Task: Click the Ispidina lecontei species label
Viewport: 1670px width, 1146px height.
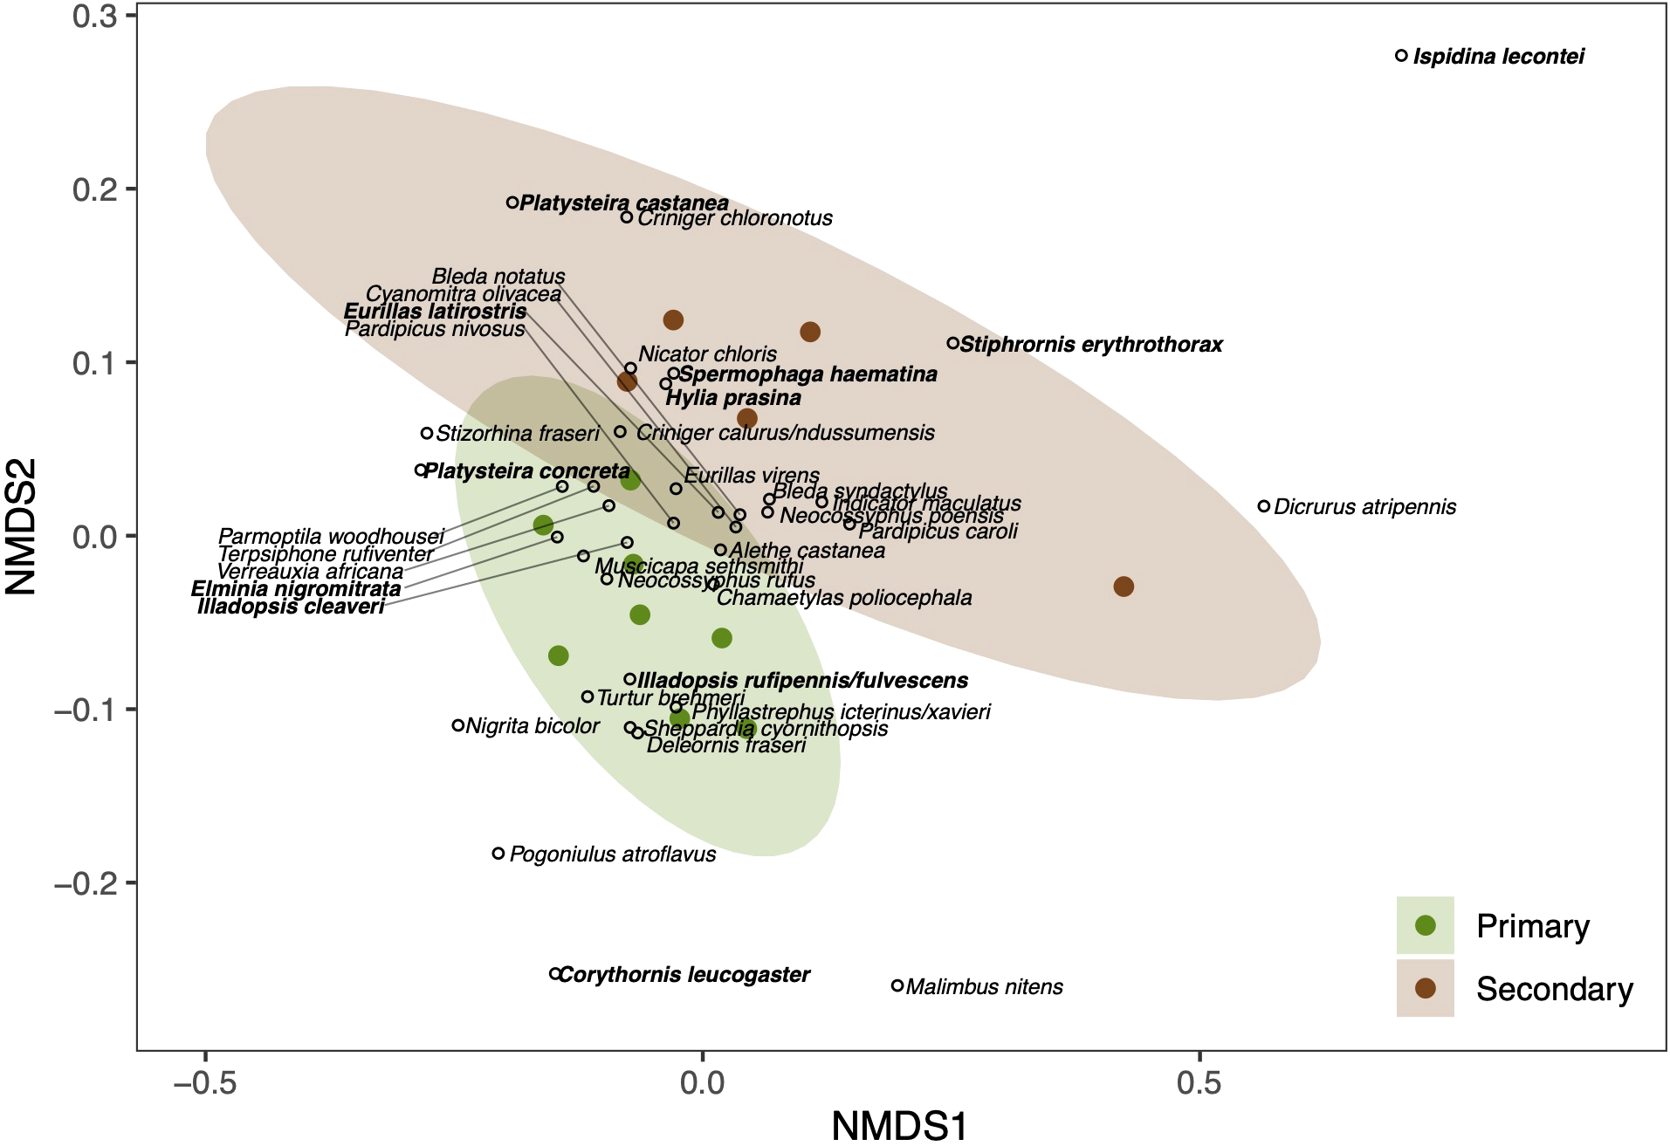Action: pos(1498,57)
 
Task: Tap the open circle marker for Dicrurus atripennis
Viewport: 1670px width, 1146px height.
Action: pos(1264,506)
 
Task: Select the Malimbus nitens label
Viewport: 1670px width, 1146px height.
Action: pos(984,987)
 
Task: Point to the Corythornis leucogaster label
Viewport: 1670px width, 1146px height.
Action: pos(684,974)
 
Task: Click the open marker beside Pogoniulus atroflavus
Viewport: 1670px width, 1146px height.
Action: pos(498,854)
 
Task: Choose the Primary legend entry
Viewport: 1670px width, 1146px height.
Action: pos(1532,926)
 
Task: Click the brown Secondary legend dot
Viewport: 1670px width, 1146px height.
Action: pos(1426,989)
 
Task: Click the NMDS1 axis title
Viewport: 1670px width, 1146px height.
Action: pos(899,1126)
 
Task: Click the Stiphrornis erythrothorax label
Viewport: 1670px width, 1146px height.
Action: pos(1091,345)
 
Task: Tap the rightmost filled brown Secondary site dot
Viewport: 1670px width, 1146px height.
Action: pos(1124,587)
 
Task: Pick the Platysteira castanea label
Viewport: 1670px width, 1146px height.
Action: pos(623,203)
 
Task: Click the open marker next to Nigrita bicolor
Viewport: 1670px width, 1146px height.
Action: pos(458,725)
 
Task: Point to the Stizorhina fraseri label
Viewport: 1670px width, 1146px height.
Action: pos(518,433)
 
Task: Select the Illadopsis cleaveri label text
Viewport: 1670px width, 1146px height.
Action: pos(291,607)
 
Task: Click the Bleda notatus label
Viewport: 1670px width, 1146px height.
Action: pos(498,277)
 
